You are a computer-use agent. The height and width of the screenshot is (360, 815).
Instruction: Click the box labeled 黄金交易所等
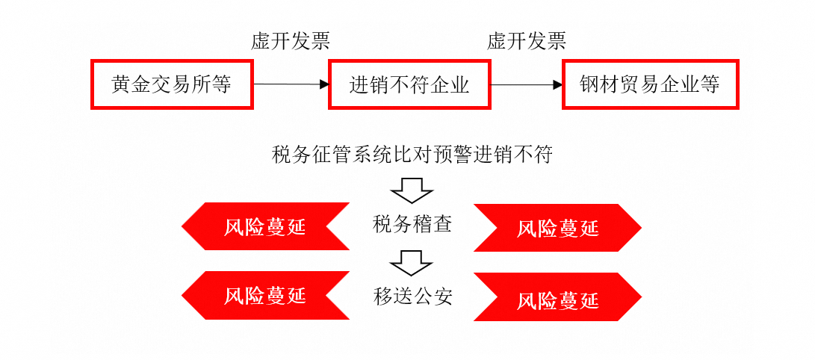point(172,84)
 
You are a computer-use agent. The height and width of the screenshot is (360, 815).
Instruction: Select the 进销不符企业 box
point(409,84)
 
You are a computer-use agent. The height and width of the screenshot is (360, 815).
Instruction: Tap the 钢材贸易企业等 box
point(650,84)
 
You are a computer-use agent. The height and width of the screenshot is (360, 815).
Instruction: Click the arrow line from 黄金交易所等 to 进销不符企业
point(288,84)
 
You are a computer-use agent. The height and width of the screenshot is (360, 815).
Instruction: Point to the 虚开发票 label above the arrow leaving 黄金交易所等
point(291,41)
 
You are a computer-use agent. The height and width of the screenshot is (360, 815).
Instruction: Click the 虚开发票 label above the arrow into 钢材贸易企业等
point(527,41)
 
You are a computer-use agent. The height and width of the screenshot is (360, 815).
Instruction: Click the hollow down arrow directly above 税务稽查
point(412,190)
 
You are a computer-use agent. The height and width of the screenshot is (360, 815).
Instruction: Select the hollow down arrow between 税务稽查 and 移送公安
point(412,262)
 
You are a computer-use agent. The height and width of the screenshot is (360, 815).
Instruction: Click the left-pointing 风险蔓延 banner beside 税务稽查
point(265,226)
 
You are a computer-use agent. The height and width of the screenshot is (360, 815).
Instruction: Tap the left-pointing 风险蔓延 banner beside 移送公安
point(265,295)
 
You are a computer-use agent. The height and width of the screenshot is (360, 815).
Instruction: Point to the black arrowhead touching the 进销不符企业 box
point(324,84)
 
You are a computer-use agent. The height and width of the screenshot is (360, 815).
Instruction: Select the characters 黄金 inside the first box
point(128,84)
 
